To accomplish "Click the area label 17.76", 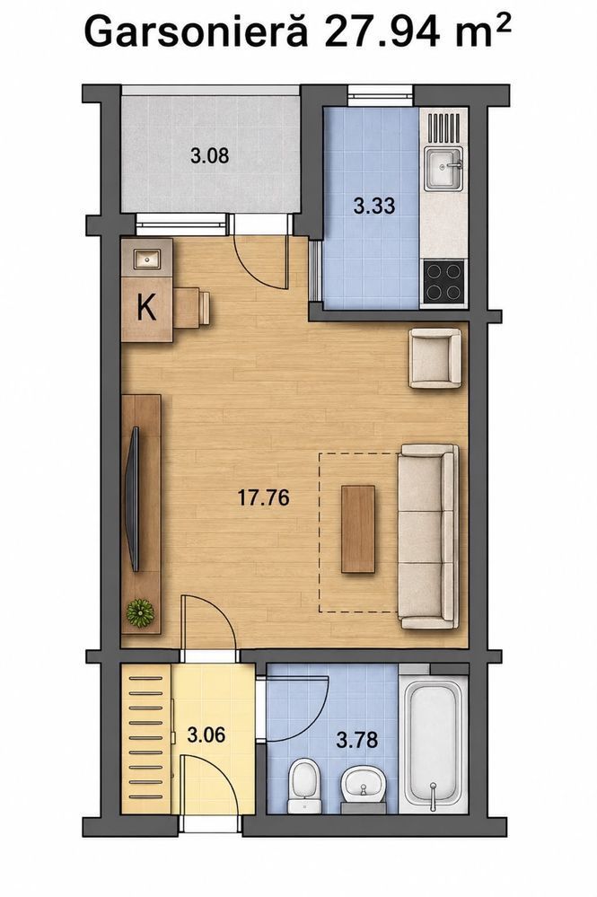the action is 264,497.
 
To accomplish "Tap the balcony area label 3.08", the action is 210,155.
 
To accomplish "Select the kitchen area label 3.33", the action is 374,205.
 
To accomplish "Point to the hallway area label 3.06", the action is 206,734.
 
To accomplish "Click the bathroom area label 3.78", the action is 356,740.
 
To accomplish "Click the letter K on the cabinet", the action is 146,309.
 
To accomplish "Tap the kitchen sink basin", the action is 443,168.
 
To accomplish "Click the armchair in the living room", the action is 435,358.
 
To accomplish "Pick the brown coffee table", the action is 358,529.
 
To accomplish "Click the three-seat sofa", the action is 428,536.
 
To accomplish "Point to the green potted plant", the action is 140,613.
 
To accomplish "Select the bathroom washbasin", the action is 363,785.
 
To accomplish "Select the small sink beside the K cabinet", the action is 147,259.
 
